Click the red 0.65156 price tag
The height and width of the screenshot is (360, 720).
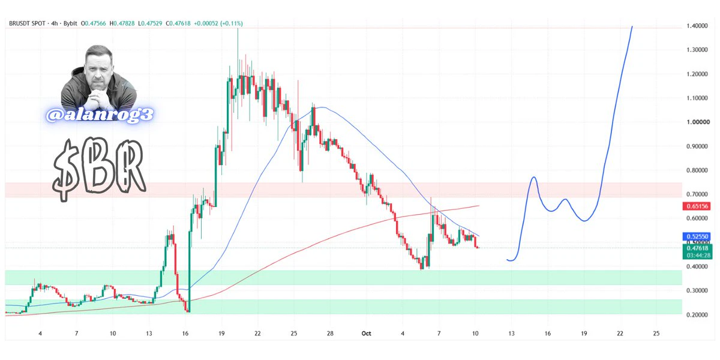(697, 206)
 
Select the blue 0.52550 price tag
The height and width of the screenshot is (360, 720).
(697, 236)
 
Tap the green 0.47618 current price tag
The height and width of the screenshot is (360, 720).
(697, 248)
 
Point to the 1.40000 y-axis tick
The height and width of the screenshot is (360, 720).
(697, 26)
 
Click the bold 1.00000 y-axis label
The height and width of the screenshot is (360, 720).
(698, 122)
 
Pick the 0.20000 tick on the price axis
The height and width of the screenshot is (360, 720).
(697, 314)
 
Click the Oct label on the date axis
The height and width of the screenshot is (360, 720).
(366, 334)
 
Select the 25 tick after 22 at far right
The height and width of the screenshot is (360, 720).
(656, 334)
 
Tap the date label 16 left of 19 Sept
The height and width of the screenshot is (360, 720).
(185, 334)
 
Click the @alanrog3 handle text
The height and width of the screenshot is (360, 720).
(100, 115)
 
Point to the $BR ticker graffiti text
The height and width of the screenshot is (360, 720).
(99, 169)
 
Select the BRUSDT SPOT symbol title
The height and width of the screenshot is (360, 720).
(28, 23)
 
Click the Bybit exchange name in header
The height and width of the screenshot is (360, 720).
(70, 23)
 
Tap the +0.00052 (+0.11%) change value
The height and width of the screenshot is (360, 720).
(218, 23)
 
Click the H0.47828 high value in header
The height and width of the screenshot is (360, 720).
(122, 23)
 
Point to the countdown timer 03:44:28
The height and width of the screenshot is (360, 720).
(698, 256)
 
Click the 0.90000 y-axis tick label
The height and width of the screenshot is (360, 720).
(697, 146)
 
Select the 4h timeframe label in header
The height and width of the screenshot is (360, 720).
(55, 23)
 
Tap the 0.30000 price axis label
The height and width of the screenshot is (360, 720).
(697, 290)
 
